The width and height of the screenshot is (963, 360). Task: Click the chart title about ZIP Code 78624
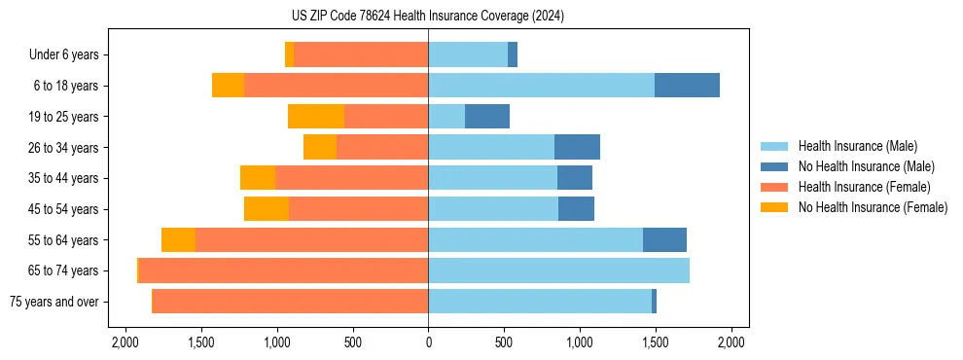[x=428, y=17]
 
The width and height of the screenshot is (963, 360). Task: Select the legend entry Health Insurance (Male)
[x=856, y=146]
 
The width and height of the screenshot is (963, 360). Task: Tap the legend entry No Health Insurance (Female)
[x=873, y=207]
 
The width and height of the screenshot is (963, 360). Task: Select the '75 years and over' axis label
[x=53, y=302]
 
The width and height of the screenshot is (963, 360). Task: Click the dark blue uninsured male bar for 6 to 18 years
[x=687, y=86]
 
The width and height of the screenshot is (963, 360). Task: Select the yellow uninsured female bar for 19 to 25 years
[x=316, y=117]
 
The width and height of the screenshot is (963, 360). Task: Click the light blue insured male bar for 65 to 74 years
[x=558, y=270]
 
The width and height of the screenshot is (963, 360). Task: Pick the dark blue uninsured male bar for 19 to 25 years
[x=487, y=117]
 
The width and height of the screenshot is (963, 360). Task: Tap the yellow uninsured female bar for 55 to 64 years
[x=178, y=239]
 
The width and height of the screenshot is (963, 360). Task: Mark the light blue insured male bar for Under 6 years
[x=468, y=54]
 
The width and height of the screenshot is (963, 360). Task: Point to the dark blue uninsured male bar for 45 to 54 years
[x=576, y=209]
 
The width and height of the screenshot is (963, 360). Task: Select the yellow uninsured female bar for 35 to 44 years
[x=258, y=178]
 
